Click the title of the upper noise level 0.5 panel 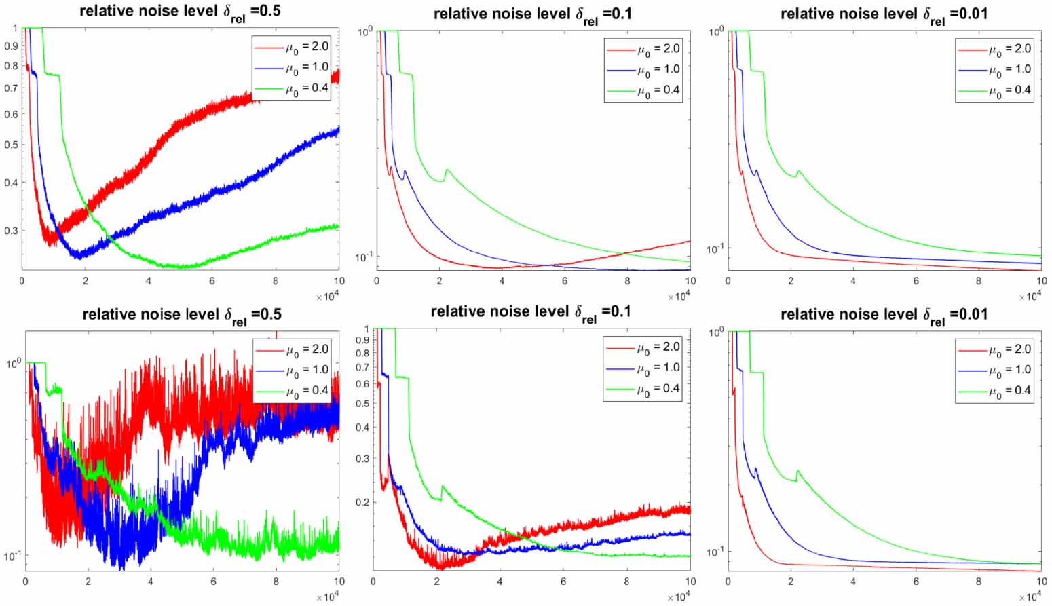[181, 12]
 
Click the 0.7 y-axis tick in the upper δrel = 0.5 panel [11, 88]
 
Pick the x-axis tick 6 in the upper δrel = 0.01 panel [916, 280]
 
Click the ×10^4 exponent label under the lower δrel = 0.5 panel [328, 597]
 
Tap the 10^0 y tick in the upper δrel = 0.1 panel [364, 31]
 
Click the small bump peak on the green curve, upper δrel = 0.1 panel [447, 170]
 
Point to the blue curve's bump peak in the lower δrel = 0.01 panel [755, 468]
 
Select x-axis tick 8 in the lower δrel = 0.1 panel [626, 582]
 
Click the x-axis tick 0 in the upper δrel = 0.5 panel [22, 280]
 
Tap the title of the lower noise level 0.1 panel [531, 311]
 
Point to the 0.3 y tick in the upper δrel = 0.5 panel [11, 231]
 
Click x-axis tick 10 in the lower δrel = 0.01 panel [1040, 582]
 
